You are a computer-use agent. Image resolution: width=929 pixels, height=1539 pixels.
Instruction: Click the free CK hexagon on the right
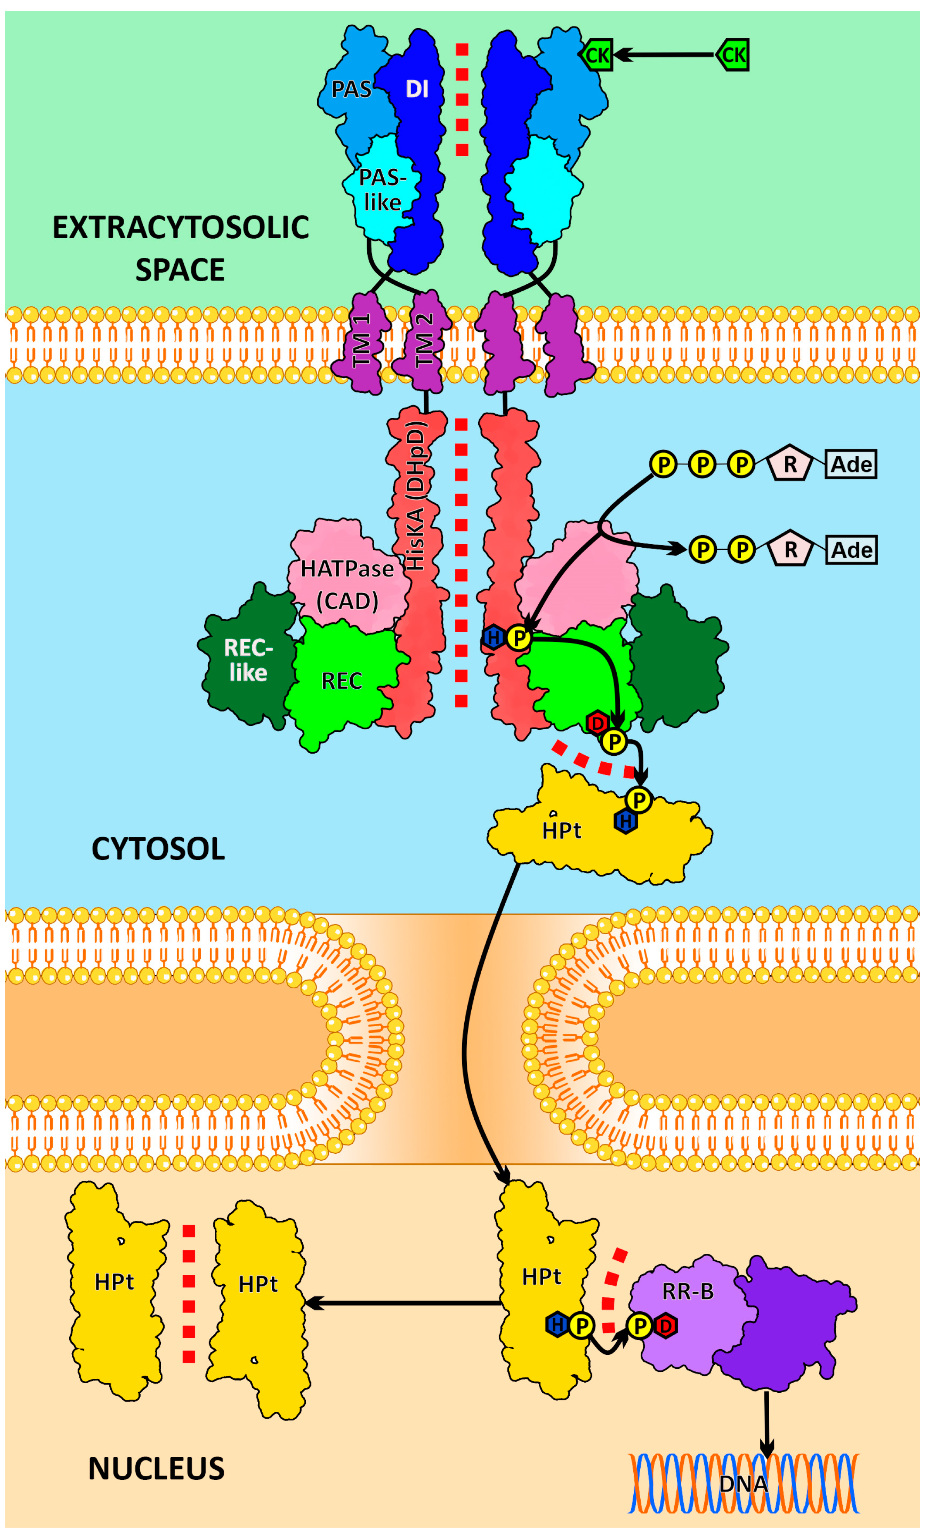coord(732,55)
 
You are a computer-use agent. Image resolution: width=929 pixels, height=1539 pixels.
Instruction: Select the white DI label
coord(417,89)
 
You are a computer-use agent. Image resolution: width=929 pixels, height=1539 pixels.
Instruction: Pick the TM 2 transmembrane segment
coord(424,341)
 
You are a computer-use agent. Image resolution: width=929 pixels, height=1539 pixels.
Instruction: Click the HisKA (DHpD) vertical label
coord(416,497)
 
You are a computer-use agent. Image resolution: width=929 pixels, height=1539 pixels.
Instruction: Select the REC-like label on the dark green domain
coord(248,660)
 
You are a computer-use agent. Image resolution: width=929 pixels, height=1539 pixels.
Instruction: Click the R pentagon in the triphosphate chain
coord(790,465)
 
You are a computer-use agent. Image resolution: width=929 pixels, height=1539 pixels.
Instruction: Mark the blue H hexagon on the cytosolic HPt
coord(625,822)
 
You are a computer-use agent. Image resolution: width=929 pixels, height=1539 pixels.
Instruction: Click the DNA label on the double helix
coord(743,1483)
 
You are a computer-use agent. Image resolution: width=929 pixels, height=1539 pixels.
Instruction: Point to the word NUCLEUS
coord(156,1468)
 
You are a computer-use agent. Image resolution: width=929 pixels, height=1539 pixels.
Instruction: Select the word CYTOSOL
coord(158,849)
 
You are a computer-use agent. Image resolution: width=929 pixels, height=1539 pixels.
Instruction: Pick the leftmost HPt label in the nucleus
coord(115,1282)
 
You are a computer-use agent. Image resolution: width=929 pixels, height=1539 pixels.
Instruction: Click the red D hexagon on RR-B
coord(666,1325)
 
